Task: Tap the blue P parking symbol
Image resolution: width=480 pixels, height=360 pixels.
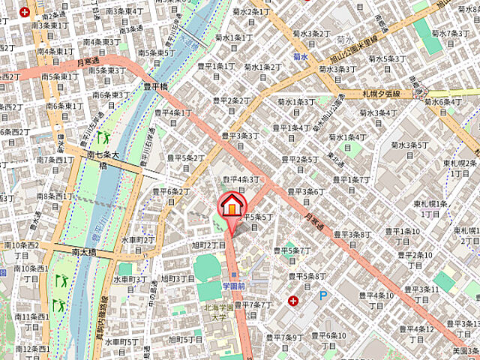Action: click(x=324, y=296)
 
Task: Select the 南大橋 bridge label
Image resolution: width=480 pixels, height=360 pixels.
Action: click(x=85, y=253)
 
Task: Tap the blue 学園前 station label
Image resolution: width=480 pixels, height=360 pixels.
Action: click(x=234, y=286)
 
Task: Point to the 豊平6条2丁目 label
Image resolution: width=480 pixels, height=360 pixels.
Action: click(x=173, y=196)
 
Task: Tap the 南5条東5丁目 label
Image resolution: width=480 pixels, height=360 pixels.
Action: click(x=157, y=52)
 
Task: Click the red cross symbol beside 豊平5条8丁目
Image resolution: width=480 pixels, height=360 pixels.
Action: click(x=292, y=301)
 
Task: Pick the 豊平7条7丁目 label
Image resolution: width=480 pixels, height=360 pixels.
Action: click(x=253, y=305)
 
